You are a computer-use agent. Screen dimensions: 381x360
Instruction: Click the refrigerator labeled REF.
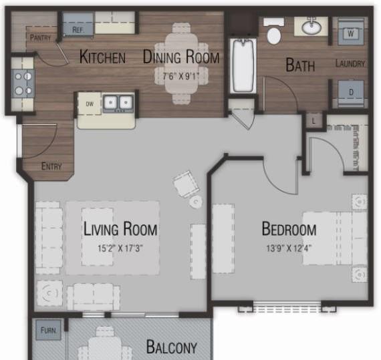click(x=78, y=24)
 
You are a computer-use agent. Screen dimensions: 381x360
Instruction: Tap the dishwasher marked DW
click(x=90, y=104)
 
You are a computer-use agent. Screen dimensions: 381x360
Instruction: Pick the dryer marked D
click(x=351, y=92)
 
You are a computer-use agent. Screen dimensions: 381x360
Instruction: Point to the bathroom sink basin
click(x=311, y=27)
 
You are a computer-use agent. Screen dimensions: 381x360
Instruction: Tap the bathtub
click(x=243, y=65)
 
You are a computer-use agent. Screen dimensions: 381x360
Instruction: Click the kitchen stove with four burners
click(x=23, y=83)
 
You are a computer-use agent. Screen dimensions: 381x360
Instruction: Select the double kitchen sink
click(x=118, y=104)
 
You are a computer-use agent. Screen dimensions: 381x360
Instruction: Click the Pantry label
click(x=40, y=37)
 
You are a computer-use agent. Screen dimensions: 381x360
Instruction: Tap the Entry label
click(x=51, y=166)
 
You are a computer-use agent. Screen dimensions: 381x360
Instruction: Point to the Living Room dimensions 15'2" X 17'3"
click(x=120, y=248)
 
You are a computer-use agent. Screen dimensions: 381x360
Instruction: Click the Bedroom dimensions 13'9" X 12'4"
click(x=289, y=248)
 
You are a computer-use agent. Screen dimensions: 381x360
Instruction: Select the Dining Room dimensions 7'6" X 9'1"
click(x=180, y=77)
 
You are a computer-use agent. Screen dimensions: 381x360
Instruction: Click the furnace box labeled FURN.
click(x=48, y=330)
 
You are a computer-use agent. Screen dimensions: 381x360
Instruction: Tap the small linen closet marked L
click(x=313, y=121)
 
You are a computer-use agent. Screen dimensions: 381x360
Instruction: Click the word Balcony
click(x=172, y=347)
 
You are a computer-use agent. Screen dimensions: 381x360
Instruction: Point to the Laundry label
click(x=350, y=63)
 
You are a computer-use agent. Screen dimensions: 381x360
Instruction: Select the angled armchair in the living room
click(x=186, y=184)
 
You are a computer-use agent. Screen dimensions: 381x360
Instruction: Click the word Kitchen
click(x=102, y=57)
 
